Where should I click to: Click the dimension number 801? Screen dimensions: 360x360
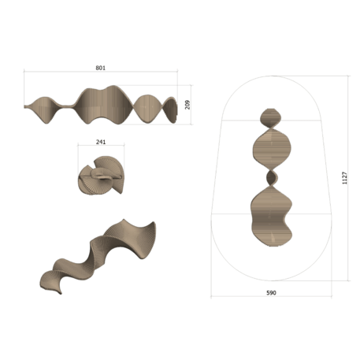click(x=100, y=69)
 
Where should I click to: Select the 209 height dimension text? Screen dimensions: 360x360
click(x=187, y=105)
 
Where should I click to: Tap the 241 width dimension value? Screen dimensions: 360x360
click(x=100, y=143)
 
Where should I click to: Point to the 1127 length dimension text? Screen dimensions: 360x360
click(x=343, y=178)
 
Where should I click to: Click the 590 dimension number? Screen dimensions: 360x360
click(x=271, y=292)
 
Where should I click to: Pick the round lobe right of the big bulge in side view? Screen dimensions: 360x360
click(x=147, y=109)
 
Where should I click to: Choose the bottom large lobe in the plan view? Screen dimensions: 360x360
click(x=271, y=214)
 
